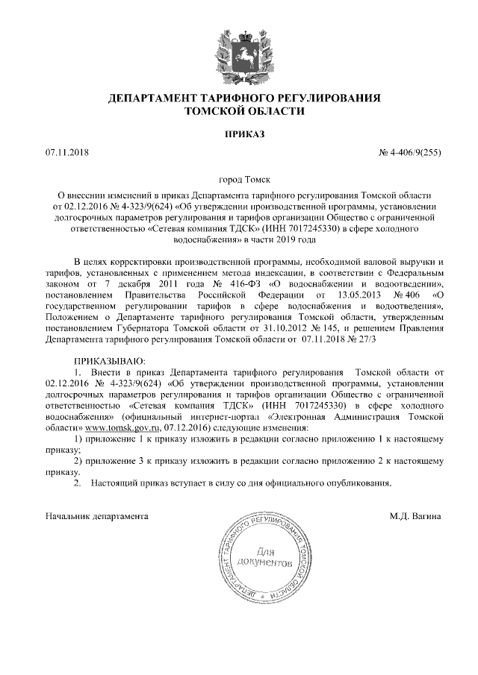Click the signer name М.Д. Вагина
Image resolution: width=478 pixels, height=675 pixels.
(415, 515)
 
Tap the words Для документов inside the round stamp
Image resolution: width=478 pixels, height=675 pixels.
(261, 556)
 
